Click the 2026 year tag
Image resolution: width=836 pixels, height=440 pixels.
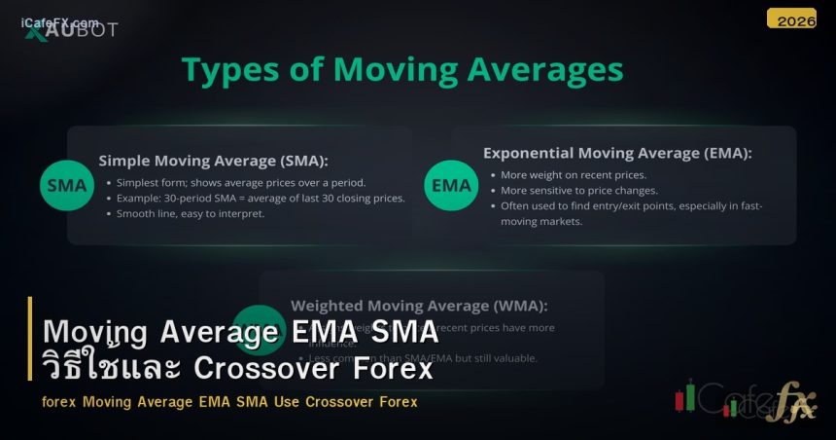[791, 18]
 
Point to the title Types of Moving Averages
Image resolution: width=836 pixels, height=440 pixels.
[402, 70]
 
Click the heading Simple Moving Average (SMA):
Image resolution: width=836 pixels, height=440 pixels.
[214, 161]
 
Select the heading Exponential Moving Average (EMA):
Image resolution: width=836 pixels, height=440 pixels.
[617, 153]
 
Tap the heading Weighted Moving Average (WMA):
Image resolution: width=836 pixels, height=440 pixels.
[419, 305]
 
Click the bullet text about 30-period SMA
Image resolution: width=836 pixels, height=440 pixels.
[261, 198]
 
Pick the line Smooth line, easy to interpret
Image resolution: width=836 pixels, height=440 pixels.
[191, 213]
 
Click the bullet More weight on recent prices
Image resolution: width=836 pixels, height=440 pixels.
[573, 175]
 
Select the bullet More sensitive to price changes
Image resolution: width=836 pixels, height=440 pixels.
[579, 191]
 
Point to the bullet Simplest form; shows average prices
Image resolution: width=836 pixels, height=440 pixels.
[241, 182]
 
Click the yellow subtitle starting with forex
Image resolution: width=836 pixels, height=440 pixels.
[229, 401]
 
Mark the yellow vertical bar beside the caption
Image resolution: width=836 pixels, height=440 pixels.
[30, 351]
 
